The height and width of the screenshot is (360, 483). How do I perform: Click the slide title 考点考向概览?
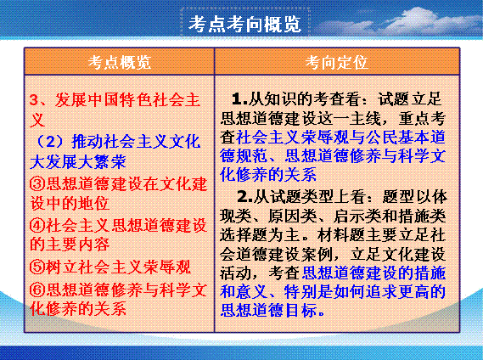click(x=244, y=24)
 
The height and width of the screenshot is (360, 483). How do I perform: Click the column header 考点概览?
click(x=120, y=62)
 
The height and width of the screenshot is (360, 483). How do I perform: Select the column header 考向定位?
click(x=337, y=62)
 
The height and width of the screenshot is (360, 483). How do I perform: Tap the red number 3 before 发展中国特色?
click(x=34, y=100)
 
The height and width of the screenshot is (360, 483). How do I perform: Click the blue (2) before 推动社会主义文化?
click(x=50, y=142)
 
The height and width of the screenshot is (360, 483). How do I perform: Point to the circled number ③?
click(x=37, y=184)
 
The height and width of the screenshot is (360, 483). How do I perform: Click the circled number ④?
click(x=37, y=225)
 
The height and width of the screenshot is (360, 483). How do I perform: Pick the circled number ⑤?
click(x=37, y=267)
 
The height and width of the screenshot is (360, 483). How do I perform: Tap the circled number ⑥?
click(x=37, y=290)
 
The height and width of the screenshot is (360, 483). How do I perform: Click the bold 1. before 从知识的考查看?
click(x=239, y=99)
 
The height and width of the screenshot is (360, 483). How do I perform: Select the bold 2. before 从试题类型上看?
click(x=244, y=196)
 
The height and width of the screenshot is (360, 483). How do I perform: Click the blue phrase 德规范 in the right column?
click(x=244, y=155)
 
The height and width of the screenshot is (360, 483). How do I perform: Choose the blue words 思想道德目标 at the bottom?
click(x=268, y=309)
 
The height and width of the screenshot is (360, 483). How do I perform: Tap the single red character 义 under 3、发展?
click(x=37, y=120)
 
